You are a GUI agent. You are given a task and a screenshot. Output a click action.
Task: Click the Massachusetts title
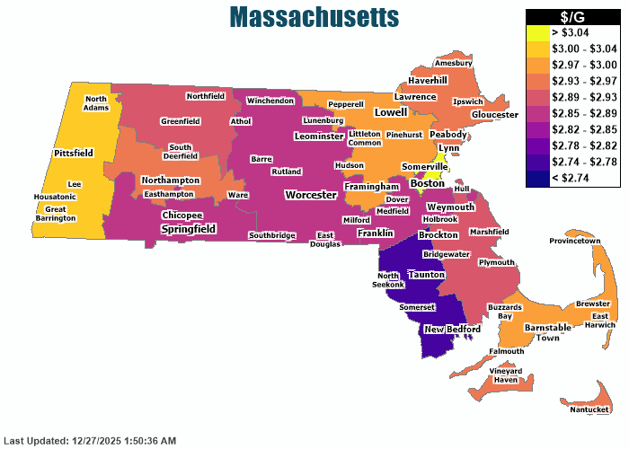click(x=314, y=16)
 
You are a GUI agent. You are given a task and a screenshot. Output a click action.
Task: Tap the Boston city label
click(x=427, y=183)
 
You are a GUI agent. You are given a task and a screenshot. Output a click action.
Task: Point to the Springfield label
click(x=188, y=229)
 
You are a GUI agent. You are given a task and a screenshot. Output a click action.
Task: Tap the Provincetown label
click(x=574, y=241)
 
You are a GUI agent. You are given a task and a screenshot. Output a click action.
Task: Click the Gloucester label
click(x=494, y=115)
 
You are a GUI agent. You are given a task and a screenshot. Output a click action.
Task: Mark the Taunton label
click(x=427, y=274)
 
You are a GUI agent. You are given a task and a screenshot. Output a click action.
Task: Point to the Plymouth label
click(x=496, y=262)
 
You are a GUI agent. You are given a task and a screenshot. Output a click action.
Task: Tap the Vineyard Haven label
click(x=506, y=375)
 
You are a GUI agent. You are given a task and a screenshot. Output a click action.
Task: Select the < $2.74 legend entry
click(x=573, y=178)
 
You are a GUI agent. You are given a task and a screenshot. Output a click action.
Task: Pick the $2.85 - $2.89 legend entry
click(x=573, y=113)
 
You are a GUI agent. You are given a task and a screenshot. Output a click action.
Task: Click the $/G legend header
click(x=573, y=16)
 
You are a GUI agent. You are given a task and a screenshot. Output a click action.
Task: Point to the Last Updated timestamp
click(x=90, y=441)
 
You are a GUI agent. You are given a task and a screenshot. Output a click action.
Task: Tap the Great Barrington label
click(x=56, y=213)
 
